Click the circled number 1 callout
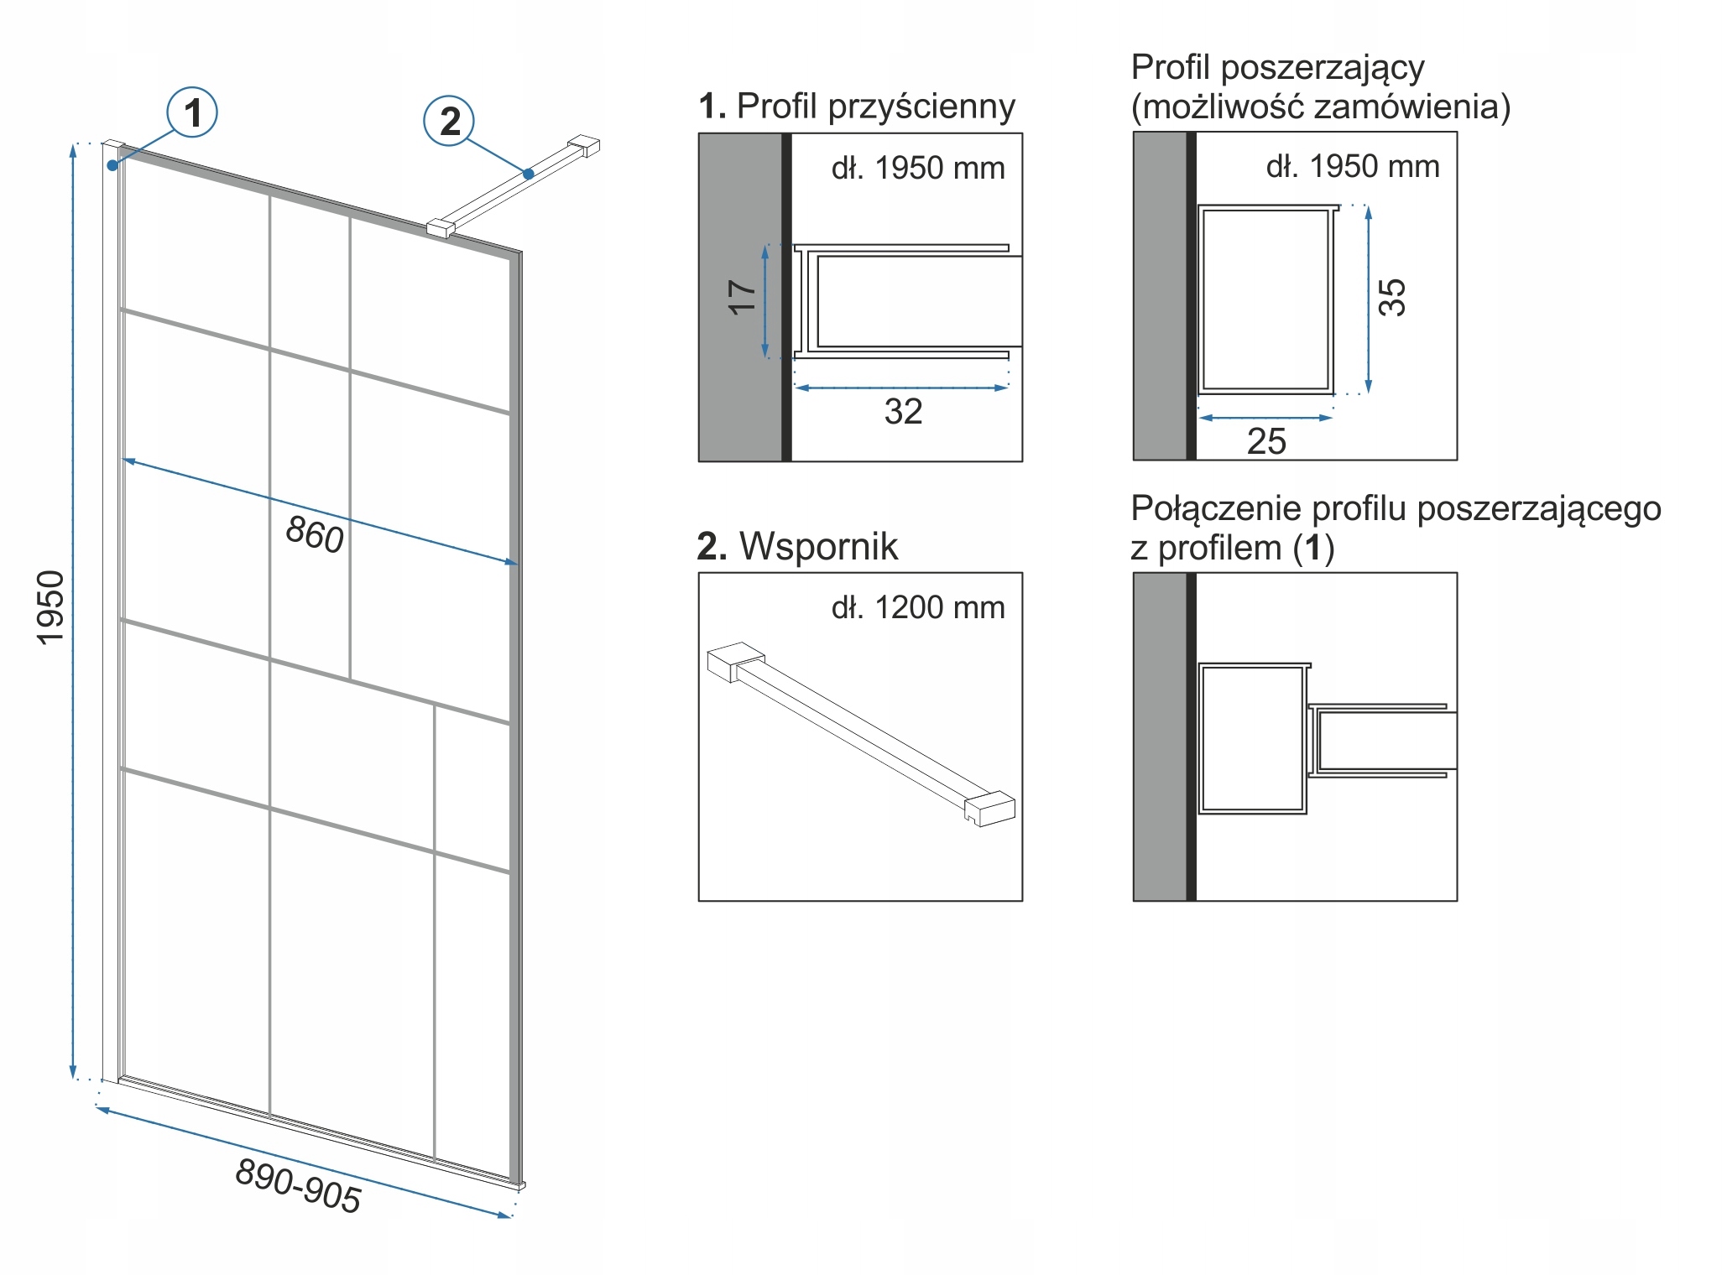pyautogui.click(x=192, y=112)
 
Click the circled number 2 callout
pyautogui.click(x=450, y=121)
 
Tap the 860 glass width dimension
pyautogui.click(x=315, y=534)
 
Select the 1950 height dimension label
pyautogui.click(x=51, y=607)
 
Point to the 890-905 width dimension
pyautogui.click(x=298, y=1185)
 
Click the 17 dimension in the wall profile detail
pyautogui.click(x=742, y=298)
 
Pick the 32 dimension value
pyautogui.click(x=903, y=412)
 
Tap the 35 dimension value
pyautogui.click(x=1392, y=297)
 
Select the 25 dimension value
pyautogui.click(x=1266, y=441)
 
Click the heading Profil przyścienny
pyautogui.click(x=875, y=107)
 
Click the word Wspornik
pyautogui.click(x=818, y=546)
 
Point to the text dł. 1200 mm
pyautogui.click(x=918, y=607)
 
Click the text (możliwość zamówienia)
pyautogui.click(x=1320, y=107)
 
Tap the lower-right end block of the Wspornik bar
pyautogui.click(x=990, y=809)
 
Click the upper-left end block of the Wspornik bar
pyautogui.click(x=734, y=661)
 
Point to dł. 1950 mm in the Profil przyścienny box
pyautogui.click(x=918, y=168)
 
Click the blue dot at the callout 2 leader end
pyautogui.click(x=528, y=174)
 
